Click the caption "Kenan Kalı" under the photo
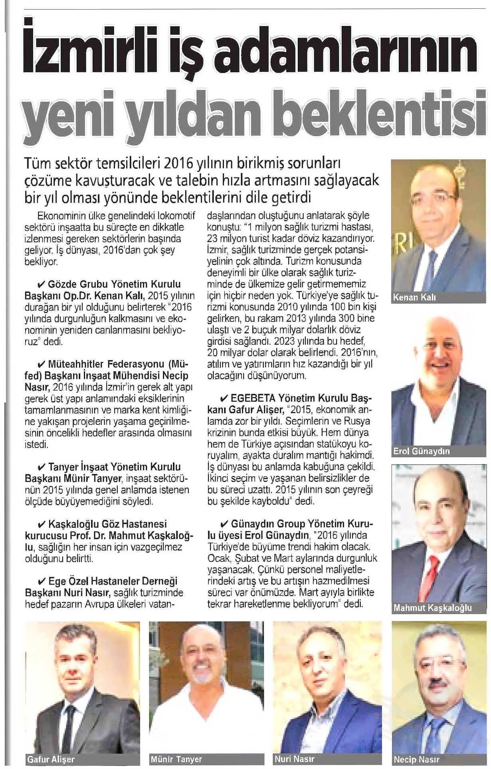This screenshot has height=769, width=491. (414, 297)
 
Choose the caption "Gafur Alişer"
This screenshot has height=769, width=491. (51, 759)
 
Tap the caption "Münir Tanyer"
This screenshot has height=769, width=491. (176, 759)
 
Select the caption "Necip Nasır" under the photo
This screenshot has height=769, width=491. (416, 759)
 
